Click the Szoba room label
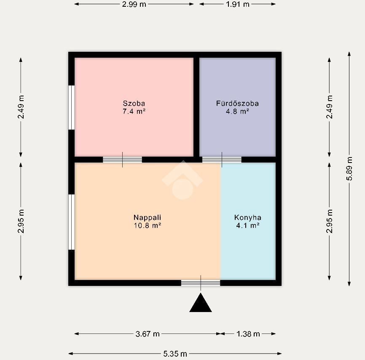(x=134, y=103)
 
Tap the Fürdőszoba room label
(x=237, y=103)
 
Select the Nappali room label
(x=148, y=217)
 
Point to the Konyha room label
(x=248, y=217)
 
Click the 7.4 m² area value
(x=134, y=112)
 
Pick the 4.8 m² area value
(x=237, y=112)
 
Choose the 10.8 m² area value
(x=148, y=225)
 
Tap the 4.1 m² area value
(x=248, y=225)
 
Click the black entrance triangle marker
(x=201, y=303)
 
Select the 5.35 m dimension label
(x=175, y=354)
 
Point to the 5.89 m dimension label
(x=349, y=168)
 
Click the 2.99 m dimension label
(x=134, y=4)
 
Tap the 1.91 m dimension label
(x=237, y=4)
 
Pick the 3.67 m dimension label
(x=148, y=334)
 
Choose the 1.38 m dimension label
(x=248, y=334)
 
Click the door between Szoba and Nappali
(x=123, y=160)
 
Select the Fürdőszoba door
(x=222, y=160)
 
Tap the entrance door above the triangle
(x=201, y=283)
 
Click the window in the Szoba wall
(x=72, y=107)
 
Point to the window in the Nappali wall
(x=72, y=222)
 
